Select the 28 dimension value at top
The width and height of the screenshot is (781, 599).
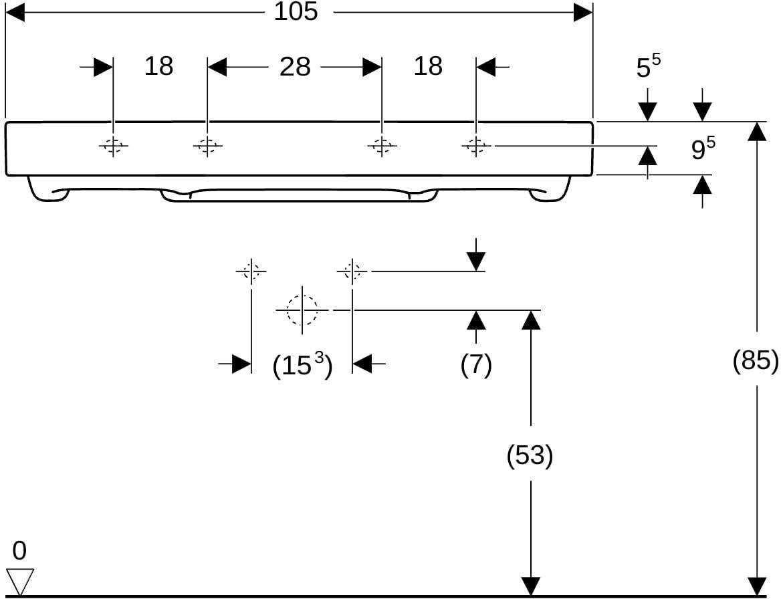295,66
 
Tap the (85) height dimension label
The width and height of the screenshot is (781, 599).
756,360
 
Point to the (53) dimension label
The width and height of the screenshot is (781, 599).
530,455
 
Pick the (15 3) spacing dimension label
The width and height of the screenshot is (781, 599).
302,366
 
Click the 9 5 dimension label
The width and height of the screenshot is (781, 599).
703,148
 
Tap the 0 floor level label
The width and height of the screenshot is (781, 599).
19,551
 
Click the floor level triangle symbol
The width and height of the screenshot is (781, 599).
19,581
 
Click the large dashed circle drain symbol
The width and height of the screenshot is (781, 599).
302,310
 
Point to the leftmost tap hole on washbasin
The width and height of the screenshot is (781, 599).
113,146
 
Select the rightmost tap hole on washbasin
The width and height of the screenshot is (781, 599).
476,146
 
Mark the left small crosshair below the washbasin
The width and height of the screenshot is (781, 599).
251,271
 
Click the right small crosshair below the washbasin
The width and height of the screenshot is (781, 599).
352,271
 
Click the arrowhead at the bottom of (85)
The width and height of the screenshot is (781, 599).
757,586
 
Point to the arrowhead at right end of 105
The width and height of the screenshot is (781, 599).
583,13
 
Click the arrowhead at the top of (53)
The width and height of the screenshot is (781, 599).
531,320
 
